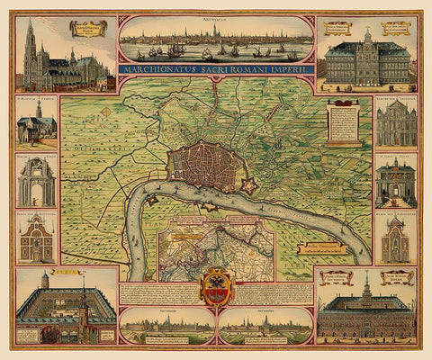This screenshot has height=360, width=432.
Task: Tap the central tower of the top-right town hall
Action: point(367,43)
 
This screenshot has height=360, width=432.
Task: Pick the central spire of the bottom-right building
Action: point(368,288)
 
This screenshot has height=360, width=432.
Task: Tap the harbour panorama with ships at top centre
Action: point(215,41)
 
